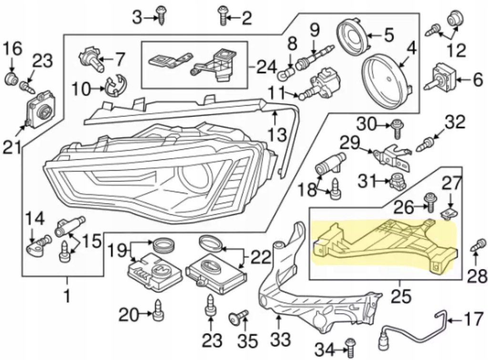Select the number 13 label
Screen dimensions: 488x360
pyautogui.click(x=277, y=135)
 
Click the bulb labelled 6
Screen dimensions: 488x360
pyautogui.click(x=441, y=77)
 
